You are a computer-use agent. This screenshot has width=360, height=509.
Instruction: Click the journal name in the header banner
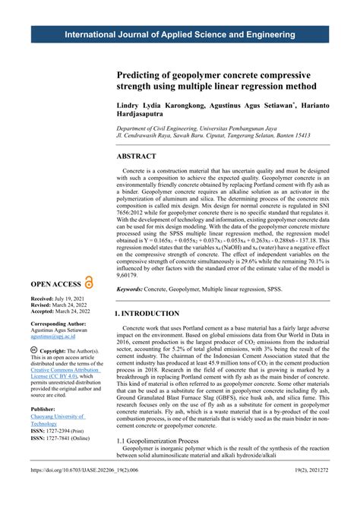coord(180,36)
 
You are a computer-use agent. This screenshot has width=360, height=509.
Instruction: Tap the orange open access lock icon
coord(89,281)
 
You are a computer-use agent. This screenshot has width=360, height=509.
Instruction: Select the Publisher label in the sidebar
coord(45,408)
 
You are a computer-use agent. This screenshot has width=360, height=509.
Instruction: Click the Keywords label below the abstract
coord(134,290)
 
